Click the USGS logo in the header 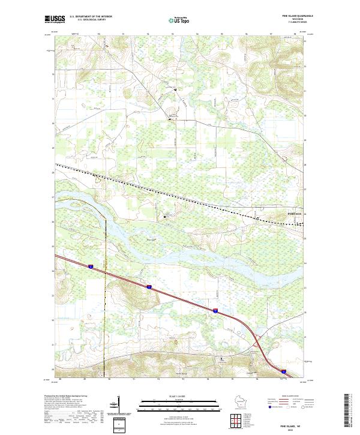[55, 20]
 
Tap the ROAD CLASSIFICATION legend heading [292, 397]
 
